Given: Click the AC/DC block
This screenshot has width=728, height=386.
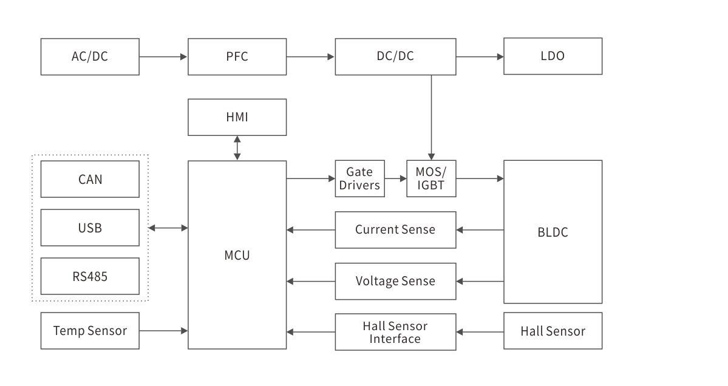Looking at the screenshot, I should click(x=90, y=56).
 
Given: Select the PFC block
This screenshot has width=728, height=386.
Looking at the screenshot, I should click(x=237, y=56).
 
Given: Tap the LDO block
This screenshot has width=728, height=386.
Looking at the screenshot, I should click(x=553, y=56).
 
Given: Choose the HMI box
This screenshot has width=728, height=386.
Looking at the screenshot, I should click(x=237, y=117).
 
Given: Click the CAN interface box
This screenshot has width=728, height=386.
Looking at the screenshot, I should click(x=90, y=179).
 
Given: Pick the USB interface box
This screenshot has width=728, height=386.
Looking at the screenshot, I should click(x=90, y=228).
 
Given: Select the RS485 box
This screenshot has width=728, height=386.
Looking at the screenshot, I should click(x=90, y=276).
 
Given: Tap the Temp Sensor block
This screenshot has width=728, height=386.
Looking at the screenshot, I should click(x=90, y=331).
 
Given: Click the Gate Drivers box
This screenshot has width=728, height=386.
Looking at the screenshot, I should click(x=359, y=178).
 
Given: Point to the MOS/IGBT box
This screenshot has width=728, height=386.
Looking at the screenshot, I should click(x=431, y=178).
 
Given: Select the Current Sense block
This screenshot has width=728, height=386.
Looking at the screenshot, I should click(x=395, y=230).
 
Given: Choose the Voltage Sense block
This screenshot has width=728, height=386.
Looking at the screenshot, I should click(x=395, y=281).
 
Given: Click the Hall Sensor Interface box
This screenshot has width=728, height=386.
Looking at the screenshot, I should click(x=395, y=332).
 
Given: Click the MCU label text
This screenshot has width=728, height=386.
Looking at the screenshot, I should click(x=237, y=255).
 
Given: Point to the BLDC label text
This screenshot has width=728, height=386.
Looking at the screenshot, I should click(x=553, y=232).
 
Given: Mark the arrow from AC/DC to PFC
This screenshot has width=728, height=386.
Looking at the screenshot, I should click(x=163, y=56).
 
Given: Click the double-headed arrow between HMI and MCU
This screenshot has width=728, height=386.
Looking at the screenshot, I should click(x=237, y=148).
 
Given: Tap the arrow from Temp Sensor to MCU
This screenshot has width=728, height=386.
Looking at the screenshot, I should click(x=163, y=331).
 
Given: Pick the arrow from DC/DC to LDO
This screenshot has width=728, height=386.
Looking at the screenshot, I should click(x=480, y=56).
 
